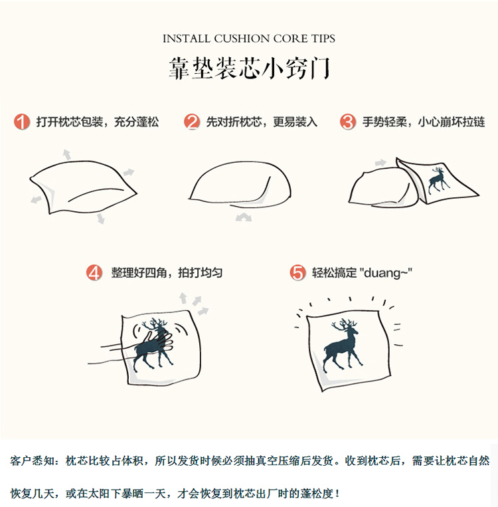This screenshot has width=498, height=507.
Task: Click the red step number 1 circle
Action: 22,122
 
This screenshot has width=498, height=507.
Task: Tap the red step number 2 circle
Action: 192,122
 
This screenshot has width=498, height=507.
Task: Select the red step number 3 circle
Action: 348,122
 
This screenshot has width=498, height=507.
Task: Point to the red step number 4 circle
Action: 96,273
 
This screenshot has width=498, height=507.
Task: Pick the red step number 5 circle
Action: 297,273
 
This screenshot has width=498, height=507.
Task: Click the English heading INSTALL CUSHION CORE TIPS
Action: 249,39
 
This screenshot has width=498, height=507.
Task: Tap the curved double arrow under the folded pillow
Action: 244,217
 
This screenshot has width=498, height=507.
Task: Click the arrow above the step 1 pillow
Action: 66,154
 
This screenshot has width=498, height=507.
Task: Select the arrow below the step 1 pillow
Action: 100,218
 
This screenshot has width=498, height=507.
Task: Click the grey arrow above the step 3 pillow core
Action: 380,163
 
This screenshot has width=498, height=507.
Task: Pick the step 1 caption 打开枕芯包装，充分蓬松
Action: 98,122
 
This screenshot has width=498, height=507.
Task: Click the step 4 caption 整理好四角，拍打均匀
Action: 167,273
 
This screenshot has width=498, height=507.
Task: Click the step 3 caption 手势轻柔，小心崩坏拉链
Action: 423,122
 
